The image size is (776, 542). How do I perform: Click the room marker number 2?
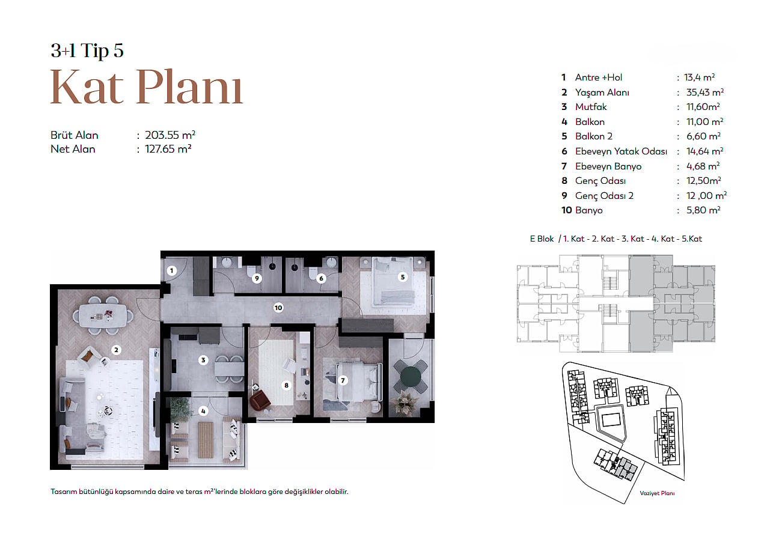116,350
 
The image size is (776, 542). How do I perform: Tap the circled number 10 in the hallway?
278,308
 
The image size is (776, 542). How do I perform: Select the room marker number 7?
343,380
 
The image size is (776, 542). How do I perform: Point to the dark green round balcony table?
411,376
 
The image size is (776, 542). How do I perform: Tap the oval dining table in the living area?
103,315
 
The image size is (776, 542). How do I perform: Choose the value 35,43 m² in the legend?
705,93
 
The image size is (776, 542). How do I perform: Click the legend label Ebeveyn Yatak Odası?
621,151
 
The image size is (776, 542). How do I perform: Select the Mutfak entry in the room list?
591,107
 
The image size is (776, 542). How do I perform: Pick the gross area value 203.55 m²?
170,135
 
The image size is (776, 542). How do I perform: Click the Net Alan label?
73,149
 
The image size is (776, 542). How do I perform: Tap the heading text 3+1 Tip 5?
87,50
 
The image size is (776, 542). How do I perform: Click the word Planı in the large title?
189,87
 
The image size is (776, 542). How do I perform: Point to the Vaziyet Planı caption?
657,493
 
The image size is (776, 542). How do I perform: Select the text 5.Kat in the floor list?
692,239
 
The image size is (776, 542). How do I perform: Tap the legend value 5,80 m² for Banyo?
703,210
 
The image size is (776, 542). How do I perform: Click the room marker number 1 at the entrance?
171,271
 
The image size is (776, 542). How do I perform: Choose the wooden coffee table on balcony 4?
206,440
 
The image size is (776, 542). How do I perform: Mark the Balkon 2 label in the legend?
594,136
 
